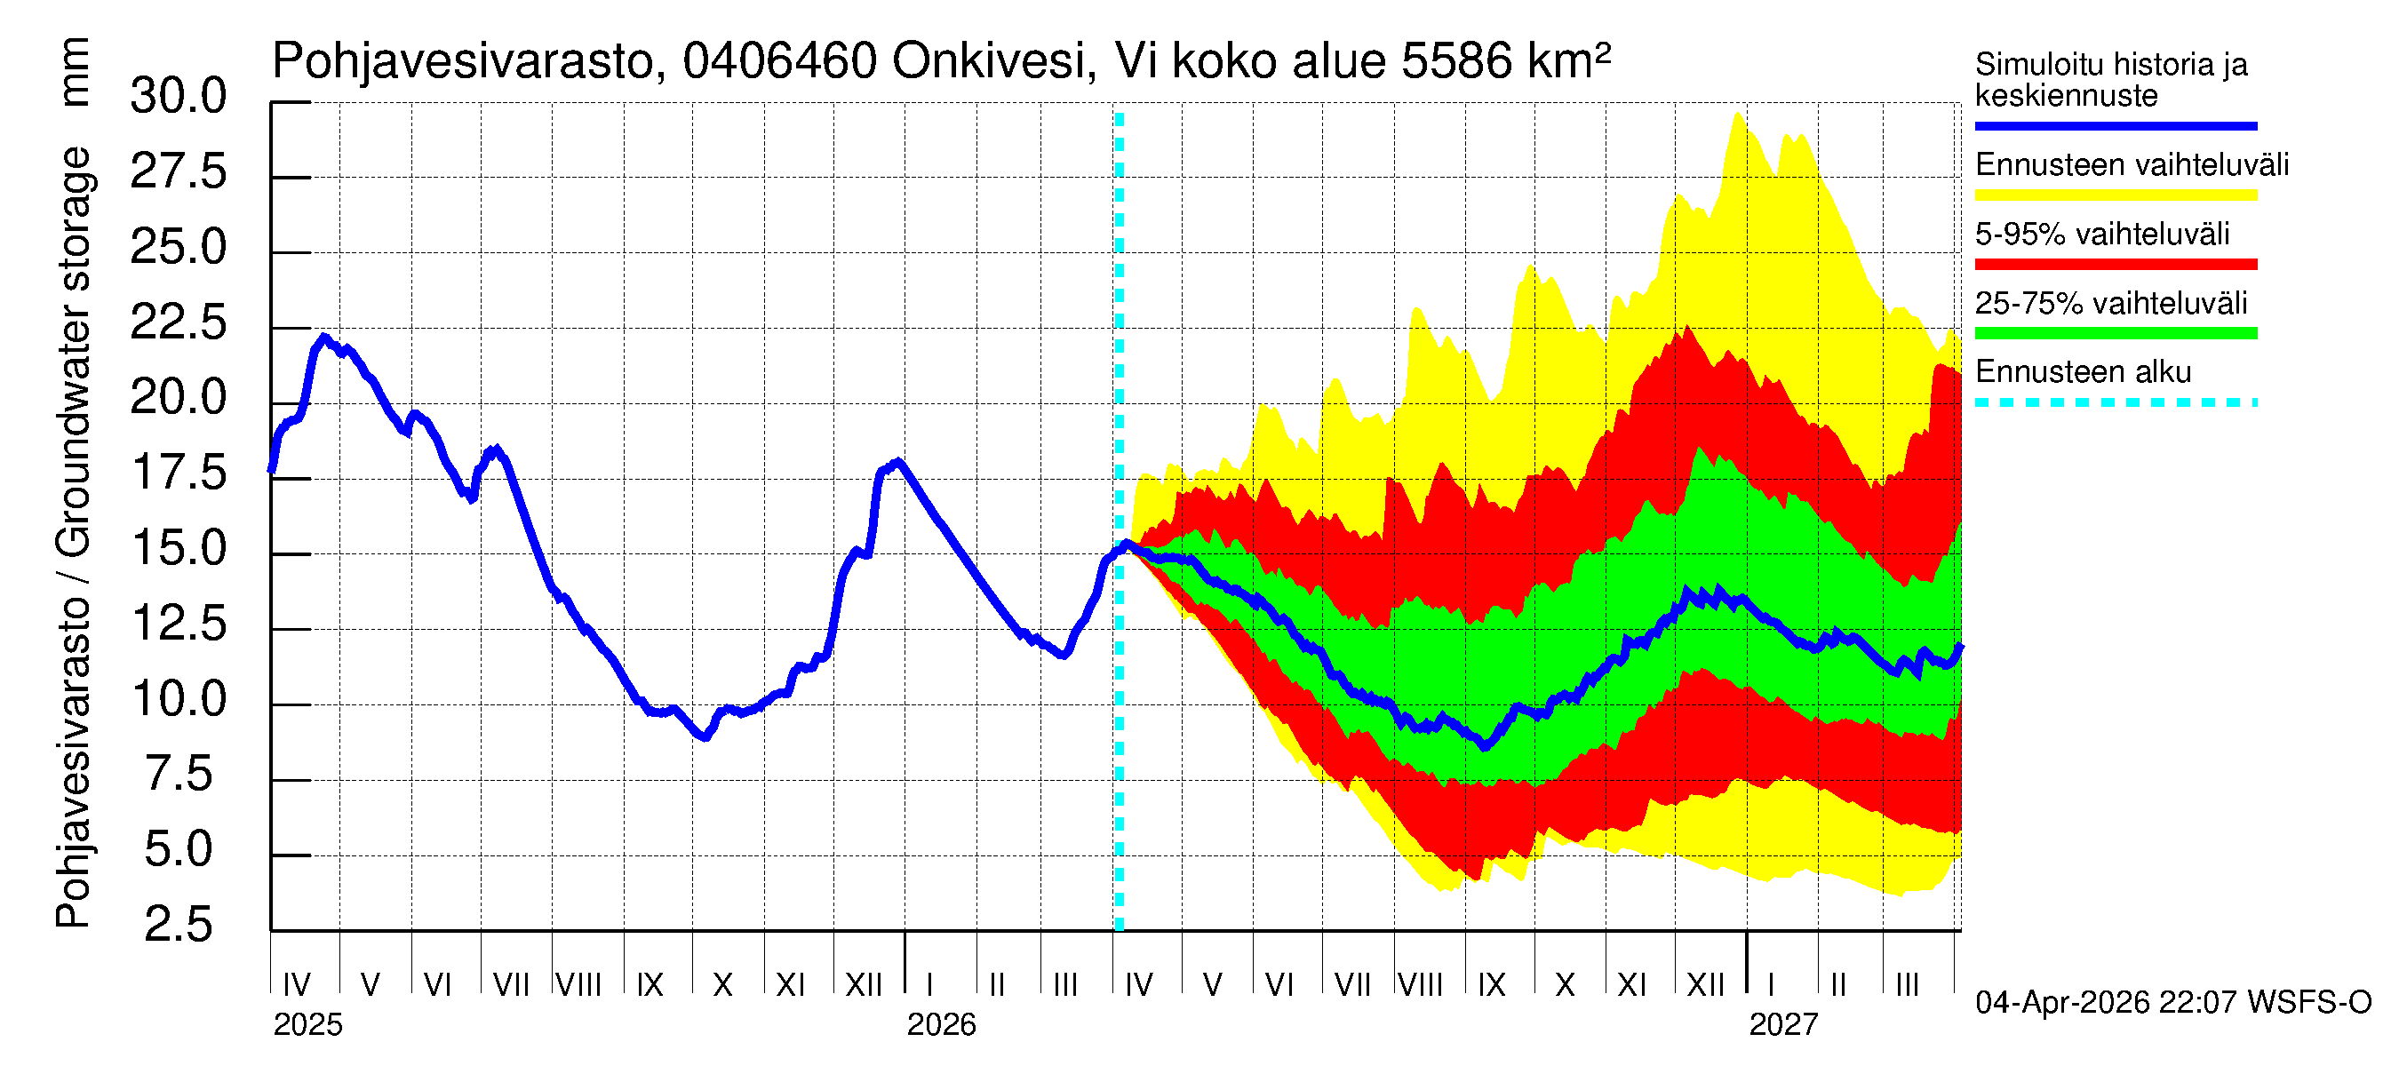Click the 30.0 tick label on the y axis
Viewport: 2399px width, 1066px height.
(178, 97)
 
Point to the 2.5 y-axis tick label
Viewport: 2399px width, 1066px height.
(178, 925)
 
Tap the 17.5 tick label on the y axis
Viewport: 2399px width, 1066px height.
(178, 473)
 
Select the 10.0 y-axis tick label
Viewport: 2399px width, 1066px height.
(178, 699)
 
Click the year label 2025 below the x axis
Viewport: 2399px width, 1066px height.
(307, 1025)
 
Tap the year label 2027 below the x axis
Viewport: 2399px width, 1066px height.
(1782, 1025)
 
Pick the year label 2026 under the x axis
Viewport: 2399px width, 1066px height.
(941, 1025)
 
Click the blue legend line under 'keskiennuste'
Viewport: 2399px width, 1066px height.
(2115, 125)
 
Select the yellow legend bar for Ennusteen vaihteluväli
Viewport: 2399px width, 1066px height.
(2115, 195)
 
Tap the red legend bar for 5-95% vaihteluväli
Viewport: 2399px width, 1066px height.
(2115, 265)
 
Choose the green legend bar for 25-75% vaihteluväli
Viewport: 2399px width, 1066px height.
(2115, 333)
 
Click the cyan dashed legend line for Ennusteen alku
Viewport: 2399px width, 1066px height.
(2115, 403)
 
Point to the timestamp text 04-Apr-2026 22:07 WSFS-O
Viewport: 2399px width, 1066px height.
(2172, 1003)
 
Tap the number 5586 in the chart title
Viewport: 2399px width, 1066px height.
(1455, 61)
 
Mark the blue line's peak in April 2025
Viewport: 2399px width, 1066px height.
(323, 337)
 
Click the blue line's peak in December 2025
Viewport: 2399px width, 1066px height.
(897, 462)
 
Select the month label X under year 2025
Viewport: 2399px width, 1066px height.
(721, 985)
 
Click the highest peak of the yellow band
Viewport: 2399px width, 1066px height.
(1737, 114)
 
